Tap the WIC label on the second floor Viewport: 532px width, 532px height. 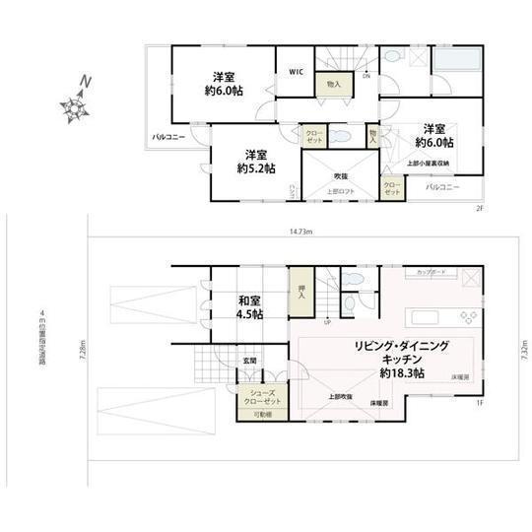[295, 72]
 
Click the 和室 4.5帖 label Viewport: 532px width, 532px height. [248, 307]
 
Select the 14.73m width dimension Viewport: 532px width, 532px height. [301, 233]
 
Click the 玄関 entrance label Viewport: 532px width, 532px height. [251, 362]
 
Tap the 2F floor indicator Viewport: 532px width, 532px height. [478, 208]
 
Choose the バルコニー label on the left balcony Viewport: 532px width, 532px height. [169, 138]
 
